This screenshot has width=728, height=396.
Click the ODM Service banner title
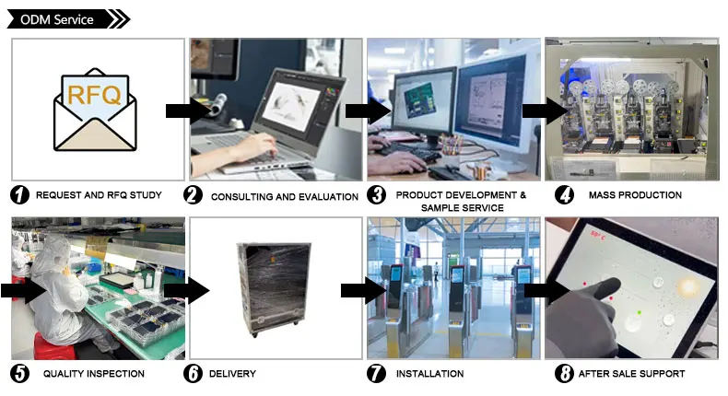(56, 19)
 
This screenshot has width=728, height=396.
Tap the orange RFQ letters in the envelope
(94, 95)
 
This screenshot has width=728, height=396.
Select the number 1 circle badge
(19, 195)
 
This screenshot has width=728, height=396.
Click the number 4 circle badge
(564, 195)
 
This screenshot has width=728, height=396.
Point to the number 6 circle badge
(193, 373)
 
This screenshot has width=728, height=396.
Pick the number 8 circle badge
(564, 373)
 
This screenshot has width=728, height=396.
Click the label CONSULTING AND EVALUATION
(285, 197)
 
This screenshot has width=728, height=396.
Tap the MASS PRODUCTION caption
(635, 195)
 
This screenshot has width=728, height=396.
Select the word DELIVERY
(232, 374)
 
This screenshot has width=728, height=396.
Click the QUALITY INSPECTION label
(94, 374)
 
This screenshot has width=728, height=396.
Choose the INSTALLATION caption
(430, 374)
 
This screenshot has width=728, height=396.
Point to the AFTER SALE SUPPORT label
(631, 374)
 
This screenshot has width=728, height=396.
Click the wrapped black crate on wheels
(274, 289)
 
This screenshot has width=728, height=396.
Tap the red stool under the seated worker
(53, 346)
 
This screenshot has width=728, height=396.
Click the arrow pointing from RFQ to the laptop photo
(188, 111)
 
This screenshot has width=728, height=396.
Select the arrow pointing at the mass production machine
(545, 111)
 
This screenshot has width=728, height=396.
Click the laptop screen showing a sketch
(291, 106)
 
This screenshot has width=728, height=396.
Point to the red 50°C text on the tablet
(597, 235)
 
